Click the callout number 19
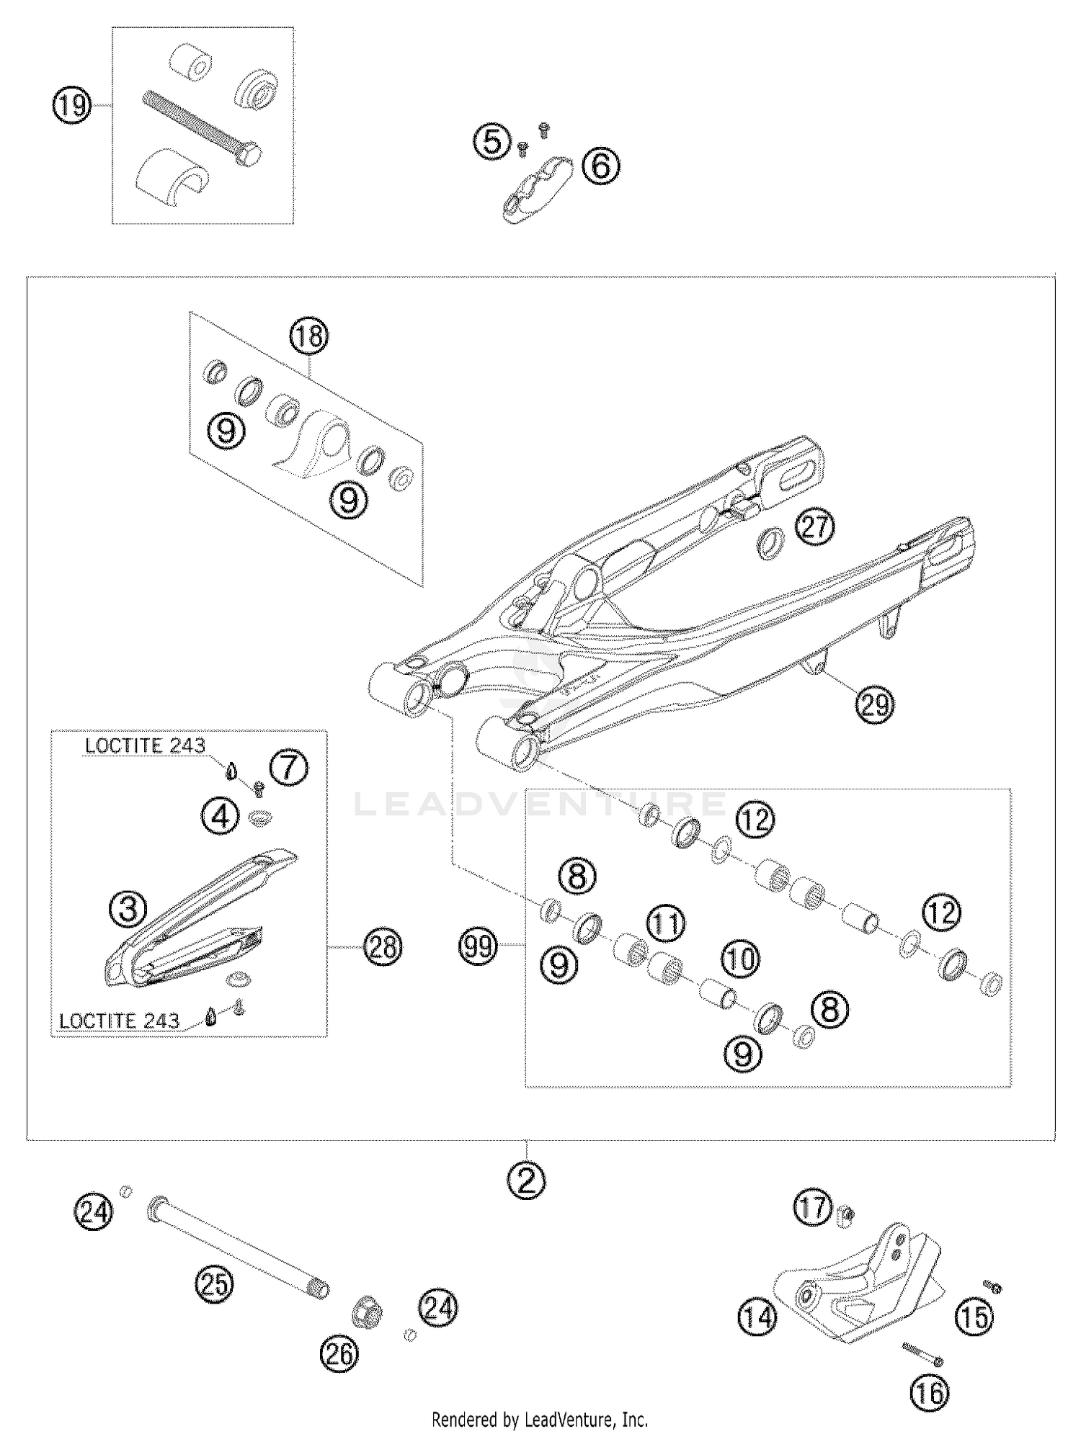point(71,107)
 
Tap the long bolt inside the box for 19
point(202,127)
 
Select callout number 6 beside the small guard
point(600,166)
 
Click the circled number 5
point(491,140)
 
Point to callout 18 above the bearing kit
point(308,336)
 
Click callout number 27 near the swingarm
point(814,527)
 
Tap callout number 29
point(874,704)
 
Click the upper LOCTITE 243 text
point(145,745)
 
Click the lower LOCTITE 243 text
point(119,1021)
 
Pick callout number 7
point(288,767)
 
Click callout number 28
point(383,946)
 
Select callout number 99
point(479,946)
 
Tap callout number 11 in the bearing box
point(665,923)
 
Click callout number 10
point(740,959)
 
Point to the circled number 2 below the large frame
point(526,1180)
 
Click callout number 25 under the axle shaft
point(214,1284)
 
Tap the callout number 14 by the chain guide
point(757,1318)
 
